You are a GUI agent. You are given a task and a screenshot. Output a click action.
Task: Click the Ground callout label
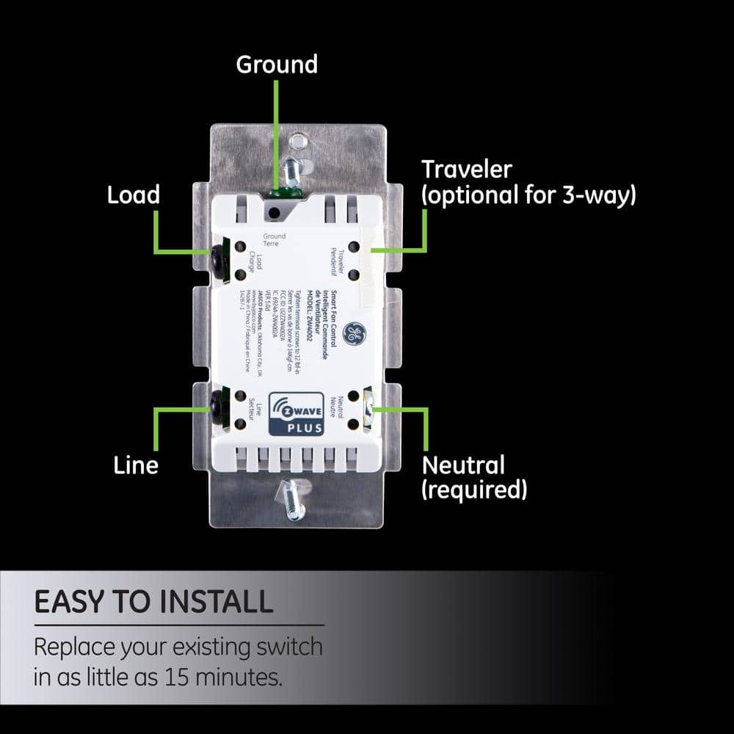(277, 65)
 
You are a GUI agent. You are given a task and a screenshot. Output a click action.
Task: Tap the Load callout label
(133, 195)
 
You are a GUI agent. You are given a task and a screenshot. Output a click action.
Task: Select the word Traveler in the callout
(466, 170)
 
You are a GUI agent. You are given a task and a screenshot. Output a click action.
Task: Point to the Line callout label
(136, 465)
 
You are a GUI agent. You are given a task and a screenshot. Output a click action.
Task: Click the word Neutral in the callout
(463, 465)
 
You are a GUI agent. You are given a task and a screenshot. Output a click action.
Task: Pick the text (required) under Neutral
(474, 490)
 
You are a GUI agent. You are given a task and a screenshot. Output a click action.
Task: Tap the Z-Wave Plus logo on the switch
(296, 414)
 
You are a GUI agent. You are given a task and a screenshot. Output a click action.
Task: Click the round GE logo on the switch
(355, 335)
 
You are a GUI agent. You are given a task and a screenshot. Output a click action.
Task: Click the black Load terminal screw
(217, 257)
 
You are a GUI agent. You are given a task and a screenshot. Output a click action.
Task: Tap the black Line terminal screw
(217, 402)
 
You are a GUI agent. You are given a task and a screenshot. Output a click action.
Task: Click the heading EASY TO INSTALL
(153, 602)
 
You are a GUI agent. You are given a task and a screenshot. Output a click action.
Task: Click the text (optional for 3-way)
(528, 196)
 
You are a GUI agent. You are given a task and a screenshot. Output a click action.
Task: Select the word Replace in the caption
(76, 647)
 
